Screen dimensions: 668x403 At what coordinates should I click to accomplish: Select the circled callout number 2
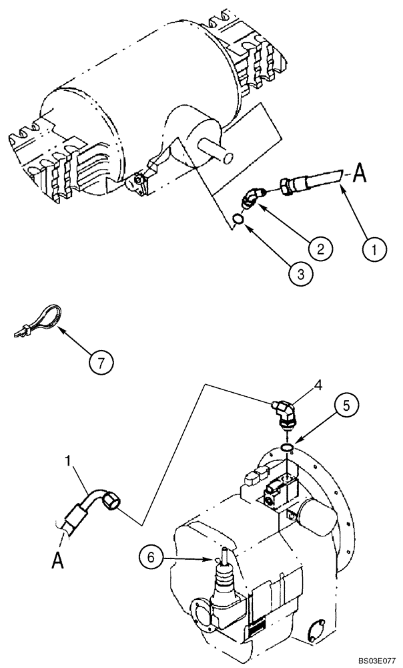click(320, 249)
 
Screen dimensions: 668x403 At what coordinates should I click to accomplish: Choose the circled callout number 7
click(101, 363)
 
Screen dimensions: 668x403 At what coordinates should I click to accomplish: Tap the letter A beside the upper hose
click(359, 174)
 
